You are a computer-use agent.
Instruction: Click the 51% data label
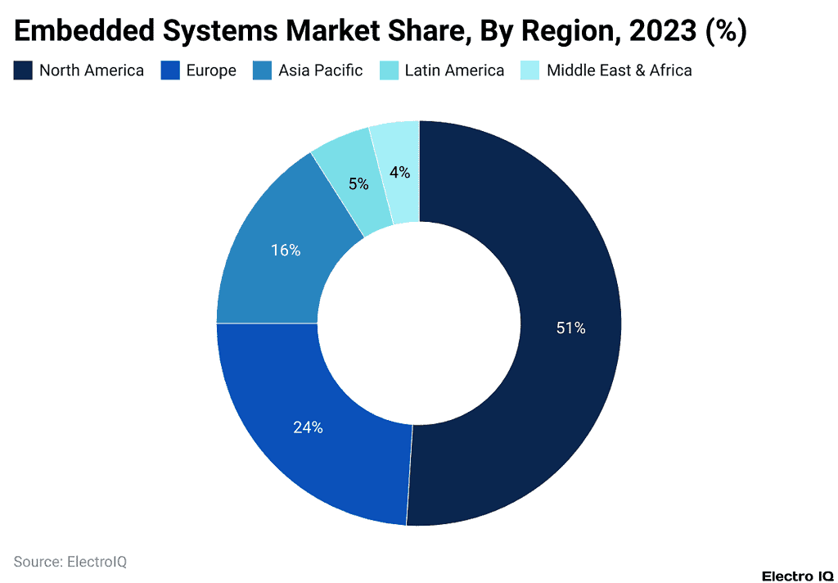click(x=570, y=328)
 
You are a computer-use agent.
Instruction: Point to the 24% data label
click(x=308, y=427)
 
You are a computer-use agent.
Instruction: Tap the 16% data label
click(x=286, y=251)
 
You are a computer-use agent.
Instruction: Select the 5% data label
click(x=358, y=184)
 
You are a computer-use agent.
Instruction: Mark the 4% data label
click(x=399, y=173)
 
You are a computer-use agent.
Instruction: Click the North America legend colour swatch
click(x=23, y=70)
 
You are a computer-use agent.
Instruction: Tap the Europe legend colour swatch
click(x=169, y=70)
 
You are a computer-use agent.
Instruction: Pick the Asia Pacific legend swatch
click(x=262, y=70)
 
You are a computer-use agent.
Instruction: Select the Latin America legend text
click(x=454, y=70)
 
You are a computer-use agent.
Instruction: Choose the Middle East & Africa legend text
click(x=619, y=70)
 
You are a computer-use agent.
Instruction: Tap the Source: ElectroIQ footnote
click(x=70, y=562)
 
